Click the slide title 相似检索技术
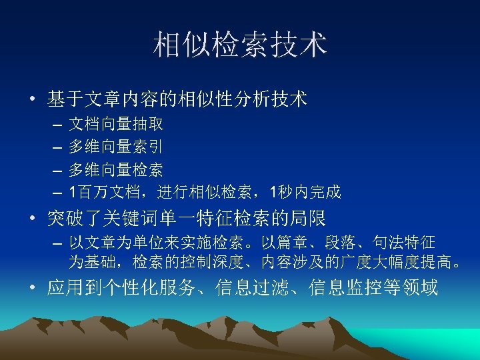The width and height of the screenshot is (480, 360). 240,45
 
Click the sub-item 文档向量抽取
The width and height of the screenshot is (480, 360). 117,124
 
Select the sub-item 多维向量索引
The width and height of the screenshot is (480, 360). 117,147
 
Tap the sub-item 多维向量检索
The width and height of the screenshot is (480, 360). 117,169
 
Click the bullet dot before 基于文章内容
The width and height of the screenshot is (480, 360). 31,101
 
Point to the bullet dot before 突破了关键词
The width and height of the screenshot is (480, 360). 31,218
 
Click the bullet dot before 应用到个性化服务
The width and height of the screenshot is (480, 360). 31,288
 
